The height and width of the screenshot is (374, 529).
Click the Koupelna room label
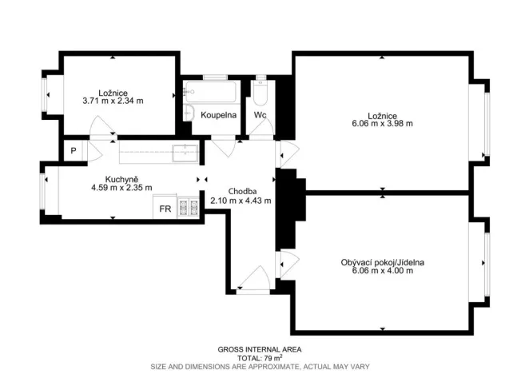[x=218, y=115]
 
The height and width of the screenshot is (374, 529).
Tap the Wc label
[x=261, y=115]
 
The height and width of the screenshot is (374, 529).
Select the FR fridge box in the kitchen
[x=165, y=207]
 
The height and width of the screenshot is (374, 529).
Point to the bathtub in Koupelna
[x=211, y=91]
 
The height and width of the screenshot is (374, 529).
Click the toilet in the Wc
[x=261, y=93]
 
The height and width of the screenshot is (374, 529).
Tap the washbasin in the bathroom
[x=189, y=113]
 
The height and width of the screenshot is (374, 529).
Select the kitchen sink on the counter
[x=185, y=153]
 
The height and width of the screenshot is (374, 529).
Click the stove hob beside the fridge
[x=189, y=207]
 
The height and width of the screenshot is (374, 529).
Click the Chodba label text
[x=242, y=191]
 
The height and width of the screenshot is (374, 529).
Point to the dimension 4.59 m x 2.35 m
[x=121, y=188]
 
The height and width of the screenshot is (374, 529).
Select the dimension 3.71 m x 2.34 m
[x=113, y=101]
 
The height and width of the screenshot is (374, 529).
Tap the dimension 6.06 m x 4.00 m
[x=382, y=271]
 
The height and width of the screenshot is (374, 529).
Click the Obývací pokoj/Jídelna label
[x=382, y=262]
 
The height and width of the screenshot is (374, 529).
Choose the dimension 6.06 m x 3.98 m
[x=382, y=124]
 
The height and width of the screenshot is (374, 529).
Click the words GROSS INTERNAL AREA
[x=260, y=350]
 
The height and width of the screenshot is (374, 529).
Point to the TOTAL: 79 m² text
[x=260, y=358]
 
